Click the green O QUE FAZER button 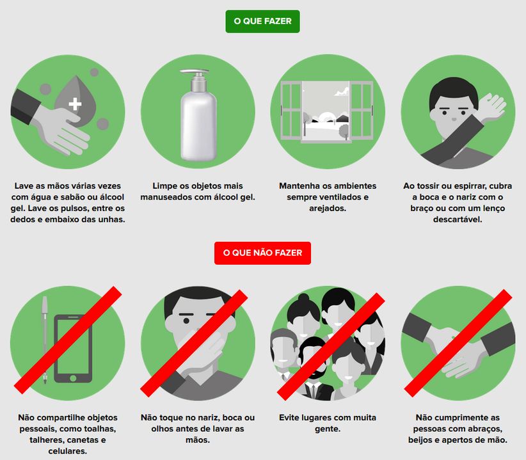[262, 22]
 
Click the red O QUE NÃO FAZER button [262, 253]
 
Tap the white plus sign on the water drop [75, 104]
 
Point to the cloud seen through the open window [341, 91]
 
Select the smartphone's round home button [73, 378]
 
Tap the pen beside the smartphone [45, 339]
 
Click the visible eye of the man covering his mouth [186, 321]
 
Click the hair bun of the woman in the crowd [303, 297]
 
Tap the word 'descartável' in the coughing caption [458, 219]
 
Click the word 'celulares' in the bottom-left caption [68, 451]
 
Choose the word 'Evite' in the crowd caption [289, 418]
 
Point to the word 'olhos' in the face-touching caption [163, 429]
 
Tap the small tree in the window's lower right [344, 131]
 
